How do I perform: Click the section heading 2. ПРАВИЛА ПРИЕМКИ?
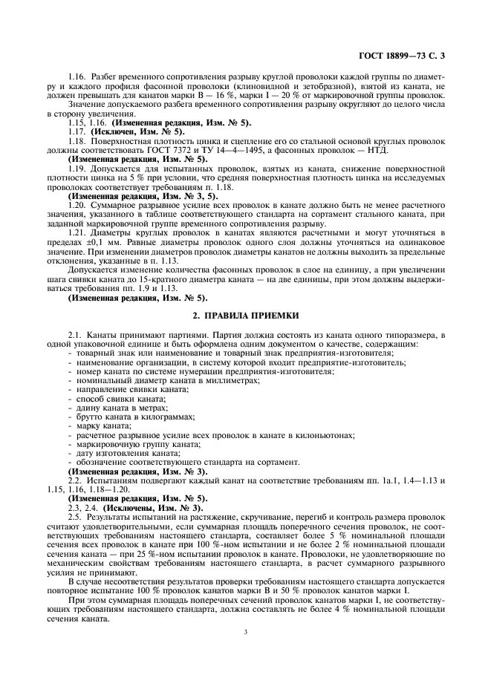(x=245, y=316)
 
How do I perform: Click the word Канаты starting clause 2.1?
(x=103, y=335)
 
